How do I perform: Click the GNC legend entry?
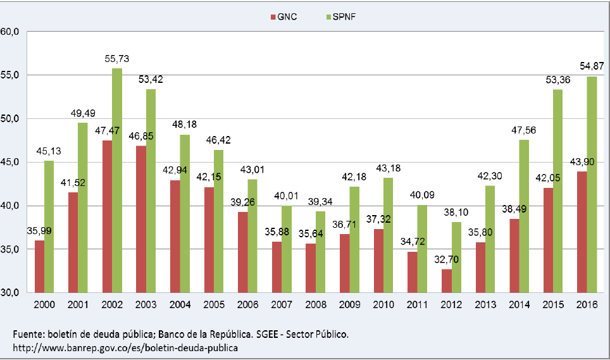(x=282, y=16)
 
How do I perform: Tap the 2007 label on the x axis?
(x=283, y=305)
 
